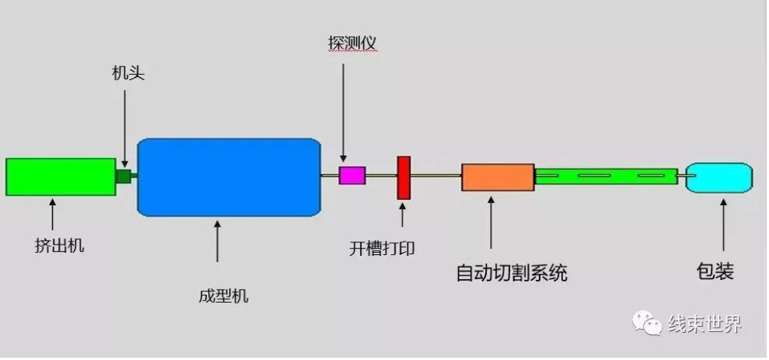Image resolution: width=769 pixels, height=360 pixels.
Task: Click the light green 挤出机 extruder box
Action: (60, 177)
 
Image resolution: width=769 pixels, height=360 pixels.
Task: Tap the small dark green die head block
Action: (124, 176)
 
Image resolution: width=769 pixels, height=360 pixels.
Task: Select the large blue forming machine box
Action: (229, 177)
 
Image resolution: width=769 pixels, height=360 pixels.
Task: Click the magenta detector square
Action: (352, 176)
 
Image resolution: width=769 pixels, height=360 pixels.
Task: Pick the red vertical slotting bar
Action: (404, 178)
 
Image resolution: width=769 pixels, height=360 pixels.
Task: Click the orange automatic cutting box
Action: (497, 177)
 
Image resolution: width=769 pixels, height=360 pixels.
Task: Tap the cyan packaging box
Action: (719, 177)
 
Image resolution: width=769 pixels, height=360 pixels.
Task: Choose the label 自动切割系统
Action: (511, 272)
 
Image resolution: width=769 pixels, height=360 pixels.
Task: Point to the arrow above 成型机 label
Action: (217, 241)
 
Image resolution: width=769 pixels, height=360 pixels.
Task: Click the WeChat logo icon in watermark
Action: (647, 323)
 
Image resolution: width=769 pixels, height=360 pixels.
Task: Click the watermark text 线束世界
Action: (705, 325)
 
